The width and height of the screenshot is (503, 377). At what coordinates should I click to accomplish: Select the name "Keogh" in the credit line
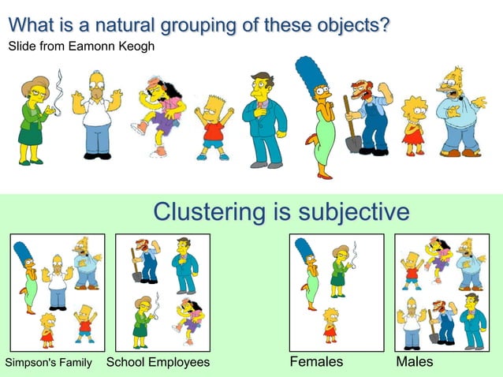[x=137, y=47]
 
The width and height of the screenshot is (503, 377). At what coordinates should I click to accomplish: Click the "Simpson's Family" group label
[x=49, y=363]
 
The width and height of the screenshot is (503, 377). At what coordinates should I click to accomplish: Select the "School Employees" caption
[x=158, y=363]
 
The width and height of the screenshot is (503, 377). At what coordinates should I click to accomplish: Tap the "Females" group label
[x=317, y=362]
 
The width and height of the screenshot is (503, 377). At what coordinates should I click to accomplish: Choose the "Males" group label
[x=414, y=362]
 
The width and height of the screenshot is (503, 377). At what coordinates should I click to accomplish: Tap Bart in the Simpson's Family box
[x=85, y=323]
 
